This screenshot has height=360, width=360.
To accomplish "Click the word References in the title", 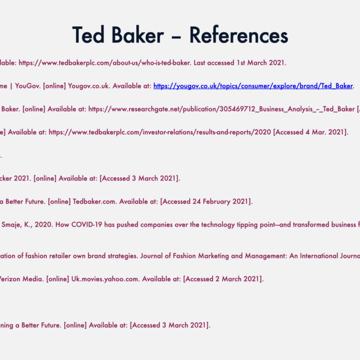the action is pos(239,35).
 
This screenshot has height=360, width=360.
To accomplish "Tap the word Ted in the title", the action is pos(88,34).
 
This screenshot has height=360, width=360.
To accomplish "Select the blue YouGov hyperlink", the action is pos(253,86).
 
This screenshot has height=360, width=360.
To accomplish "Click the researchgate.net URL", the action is pos(222,109).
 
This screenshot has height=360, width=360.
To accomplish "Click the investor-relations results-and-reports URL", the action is pos(160,132).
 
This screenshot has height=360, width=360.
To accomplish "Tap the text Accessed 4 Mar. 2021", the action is pos(310,132).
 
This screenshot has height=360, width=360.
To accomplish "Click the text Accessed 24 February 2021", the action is pos(206,202).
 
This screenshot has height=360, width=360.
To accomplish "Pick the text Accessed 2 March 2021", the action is pos(223,279).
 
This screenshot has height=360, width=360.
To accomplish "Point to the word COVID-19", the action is pos(86,225).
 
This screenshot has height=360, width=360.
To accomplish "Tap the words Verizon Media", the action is pos(22,279).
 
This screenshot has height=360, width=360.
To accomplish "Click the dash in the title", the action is pos(176,37).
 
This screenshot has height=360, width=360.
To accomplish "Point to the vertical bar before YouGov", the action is pos(11,86).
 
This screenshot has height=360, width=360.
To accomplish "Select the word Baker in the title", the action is pos(138,34).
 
